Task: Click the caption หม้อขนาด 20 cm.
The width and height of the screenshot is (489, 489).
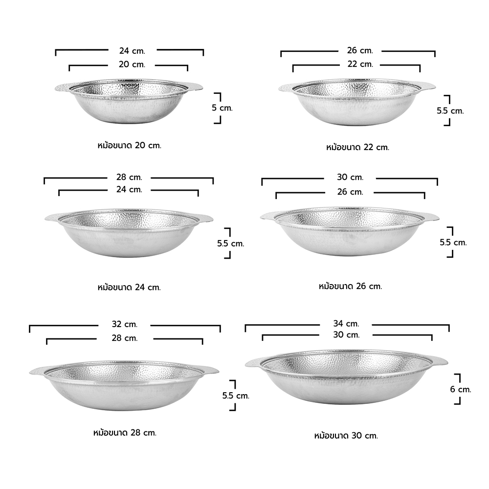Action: (x=130, y=146)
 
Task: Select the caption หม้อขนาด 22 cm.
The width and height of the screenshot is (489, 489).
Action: (x=358, y=147)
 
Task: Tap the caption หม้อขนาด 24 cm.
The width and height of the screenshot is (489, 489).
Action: (x=129, y=287)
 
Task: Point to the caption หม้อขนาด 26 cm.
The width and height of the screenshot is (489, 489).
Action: (x=350, y=286)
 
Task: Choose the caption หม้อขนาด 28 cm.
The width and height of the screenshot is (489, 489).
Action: (x=125, y=433)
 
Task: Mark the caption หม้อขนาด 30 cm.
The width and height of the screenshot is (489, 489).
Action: (x=346, y=436)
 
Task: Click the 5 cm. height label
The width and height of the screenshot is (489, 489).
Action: (x=222, y=108)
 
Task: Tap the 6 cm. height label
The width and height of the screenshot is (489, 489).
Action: (x=460, y=389)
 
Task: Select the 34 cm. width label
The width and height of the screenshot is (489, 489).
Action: (x=346, y=324)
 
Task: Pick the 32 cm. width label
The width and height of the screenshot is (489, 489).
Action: (x=124, y=324)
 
